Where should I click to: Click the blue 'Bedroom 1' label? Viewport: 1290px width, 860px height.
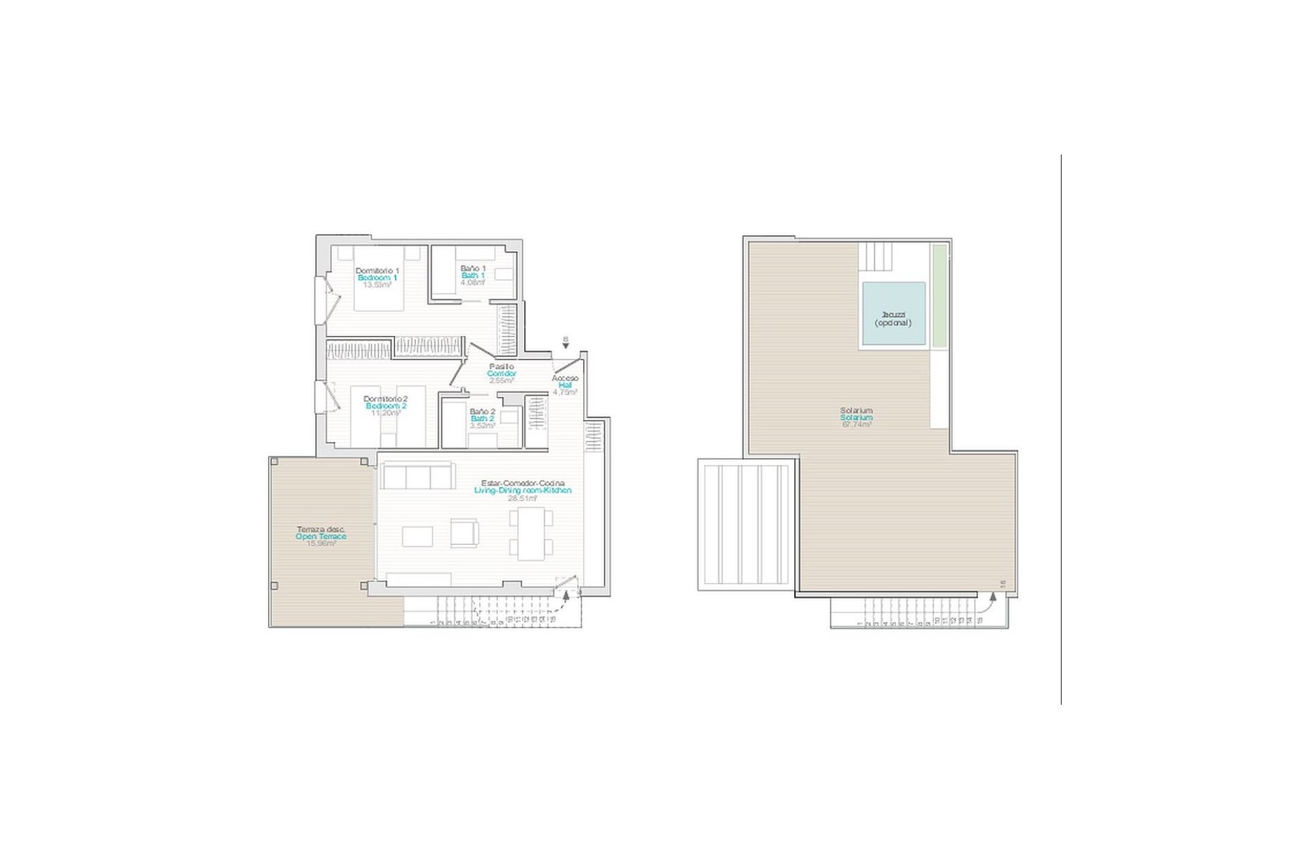[x=377, y=277]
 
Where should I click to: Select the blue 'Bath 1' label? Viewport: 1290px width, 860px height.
[x=473, y=275]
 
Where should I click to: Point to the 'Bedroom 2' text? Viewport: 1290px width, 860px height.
[x=386, y=406]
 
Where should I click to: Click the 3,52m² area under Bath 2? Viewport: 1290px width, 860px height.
[x=482, y=425]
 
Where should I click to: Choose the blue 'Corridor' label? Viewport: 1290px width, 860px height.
[x=502, y=374]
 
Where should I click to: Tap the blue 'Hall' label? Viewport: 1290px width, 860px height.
[x=564, y=386]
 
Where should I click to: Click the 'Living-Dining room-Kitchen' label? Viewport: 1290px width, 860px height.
[x=523, y=490]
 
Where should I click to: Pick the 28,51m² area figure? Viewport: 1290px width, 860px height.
[x=523, y=499]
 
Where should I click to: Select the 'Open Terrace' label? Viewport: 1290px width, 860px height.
[x=321, y=537]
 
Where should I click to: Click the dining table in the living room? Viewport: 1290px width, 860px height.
[x=531, y=534]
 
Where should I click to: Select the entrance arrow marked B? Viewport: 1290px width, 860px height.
[x=566, y=343]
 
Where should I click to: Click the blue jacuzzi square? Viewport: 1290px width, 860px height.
[x=894, y=314]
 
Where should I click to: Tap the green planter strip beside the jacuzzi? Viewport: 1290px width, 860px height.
[x=940, y=296]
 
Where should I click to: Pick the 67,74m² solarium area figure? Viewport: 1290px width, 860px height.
[x=857, y=425]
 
